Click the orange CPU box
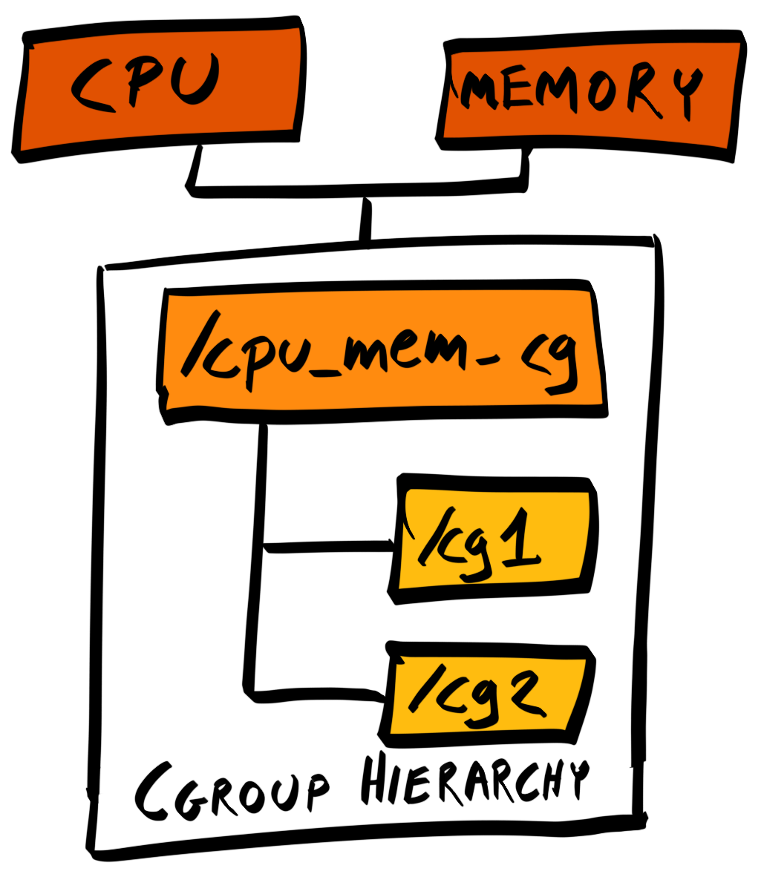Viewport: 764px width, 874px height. pos(159,89)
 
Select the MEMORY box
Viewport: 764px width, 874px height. pos(590,96)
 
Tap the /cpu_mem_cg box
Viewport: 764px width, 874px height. pos(382,351)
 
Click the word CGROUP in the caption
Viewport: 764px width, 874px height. pos(232,790)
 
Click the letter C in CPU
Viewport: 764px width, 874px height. pos(92,84)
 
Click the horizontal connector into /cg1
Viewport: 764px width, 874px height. pos(329,547)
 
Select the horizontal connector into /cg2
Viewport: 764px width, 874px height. pos(315,695)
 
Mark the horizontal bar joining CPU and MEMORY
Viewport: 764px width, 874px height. pos(357,188)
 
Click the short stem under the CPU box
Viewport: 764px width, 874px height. pos(195,166)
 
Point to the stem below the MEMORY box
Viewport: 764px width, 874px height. pos(525,166)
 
